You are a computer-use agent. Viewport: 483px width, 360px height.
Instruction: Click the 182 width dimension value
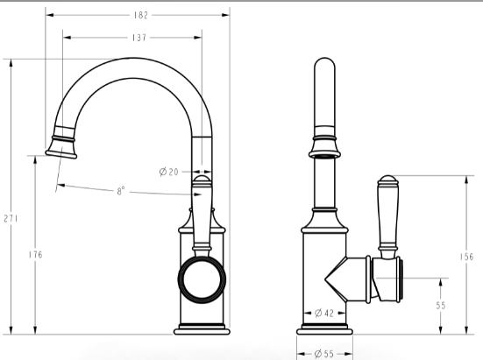141,15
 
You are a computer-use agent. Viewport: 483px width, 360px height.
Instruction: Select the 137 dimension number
139,38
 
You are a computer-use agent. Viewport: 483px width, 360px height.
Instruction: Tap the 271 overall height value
11,218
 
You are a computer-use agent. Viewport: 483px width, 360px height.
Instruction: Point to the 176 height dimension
35,255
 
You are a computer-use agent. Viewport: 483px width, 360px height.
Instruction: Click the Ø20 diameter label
169,172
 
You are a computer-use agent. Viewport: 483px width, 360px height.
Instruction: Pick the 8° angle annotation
121,191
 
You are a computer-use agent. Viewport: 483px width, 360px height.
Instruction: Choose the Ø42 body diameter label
324,314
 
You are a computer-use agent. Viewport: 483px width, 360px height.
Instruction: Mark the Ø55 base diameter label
324,354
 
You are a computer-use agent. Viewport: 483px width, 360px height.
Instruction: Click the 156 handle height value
466,257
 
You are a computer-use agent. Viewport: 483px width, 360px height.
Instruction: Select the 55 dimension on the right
441,306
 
